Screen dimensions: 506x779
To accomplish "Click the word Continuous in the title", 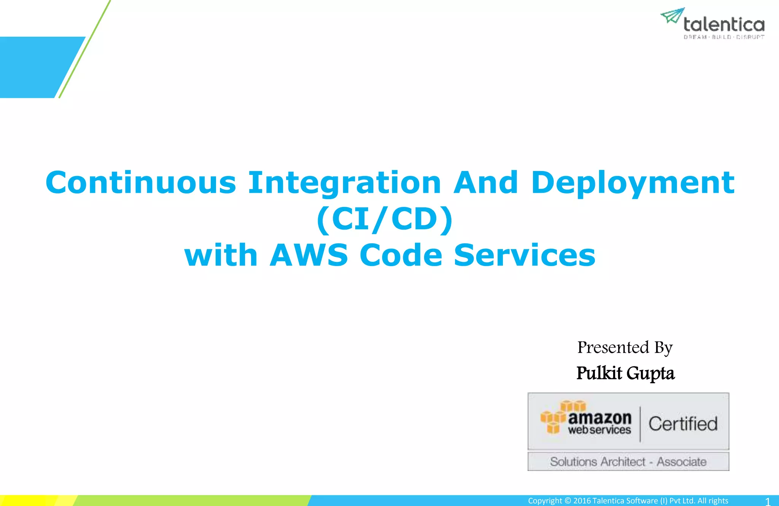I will [x=141, y=182].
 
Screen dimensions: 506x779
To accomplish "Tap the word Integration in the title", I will [x=344, y=183].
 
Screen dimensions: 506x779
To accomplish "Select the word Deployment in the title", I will [x=633, y=183].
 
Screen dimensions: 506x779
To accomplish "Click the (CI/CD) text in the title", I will [x=385, y=219].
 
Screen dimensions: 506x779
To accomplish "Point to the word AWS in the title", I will [x=308, y=255].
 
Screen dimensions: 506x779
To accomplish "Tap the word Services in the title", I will [x=525, y=255].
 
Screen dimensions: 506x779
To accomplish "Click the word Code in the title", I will [x=401, y=255].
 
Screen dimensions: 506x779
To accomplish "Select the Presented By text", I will [x=625, y=347].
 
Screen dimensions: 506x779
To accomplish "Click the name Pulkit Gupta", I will [x=625, y=373].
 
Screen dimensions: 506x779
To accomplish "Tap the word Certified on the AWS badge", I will [x=683, y=424].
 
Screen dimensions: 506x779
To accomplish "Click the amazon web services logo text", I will [x=599, y=423].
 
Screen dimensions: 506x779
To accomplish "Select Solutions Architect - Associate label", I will [x=628, y=462].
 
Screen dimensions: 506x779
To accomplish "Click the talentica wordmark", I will [x=724, y=25].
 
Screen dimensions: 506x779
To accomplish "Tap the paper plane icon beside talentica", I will [x=672, y=16].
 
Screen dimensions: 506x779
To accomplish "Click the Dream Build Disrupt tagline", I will [x=724, y=37].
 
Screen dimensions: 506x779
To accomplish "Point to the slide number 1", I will [x=768, y=501].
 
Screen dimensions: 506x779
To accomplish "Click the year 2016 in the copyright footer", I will [x=582, y=501].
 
